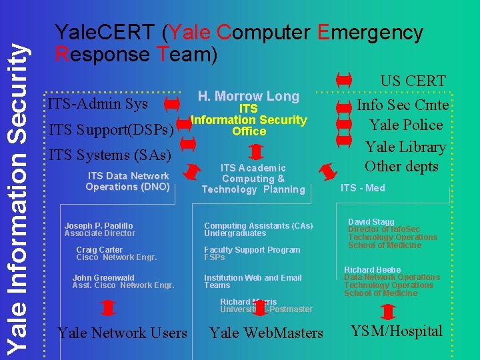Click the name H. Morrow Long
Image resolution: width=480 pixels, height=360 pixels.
[248, 96]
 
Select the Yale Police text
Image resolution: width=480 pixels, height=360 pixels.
[406, 125]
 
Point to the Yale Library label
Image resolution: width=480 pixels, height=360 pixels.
[405, 146]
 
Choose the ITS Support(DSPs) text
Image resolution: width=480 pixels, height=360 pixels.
[111, 129]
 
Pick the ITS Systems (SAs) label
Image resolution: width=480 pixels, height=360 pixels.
[110, 155]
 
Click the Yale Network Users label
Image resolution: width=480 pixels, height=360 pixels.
[122, 332]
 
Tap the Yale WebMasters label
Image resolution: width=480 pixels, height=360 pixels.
[266, 333]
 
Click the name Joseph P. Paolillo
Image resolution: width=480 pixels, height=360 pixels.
[99, 226]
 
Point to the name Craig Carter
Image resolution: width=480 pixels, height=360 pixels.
[99, 250]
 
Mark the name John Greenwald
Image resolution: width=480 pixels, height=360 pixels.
[103, 277]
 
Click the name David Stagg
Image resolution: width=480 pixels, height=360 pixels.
[371, 221]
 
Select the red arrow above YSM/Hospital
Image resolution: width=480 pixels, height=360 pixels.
[388, 311]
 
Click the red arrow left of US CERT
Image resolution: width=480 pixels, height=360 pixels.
[343, 81]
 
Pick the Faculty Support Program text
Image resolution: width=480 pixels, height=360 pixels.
[252, 250]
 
